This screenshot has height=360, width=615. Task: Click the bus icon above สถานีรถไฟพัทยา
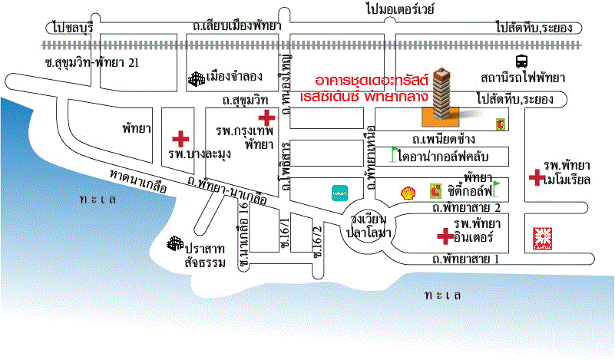click(522, 61)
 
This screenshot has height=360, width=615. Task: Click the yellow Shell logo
click(408, 193)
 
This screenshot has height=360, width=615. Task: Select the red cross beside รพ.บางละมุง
click(180, 139)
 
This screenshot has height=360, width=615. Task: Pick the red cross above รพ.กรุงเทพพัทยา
click(266, 117)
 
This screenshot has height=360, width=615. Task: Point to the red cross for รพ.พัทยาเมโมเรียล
click(534, 178)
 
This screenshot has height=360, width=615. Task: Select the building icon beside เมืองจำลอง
click(196, 78)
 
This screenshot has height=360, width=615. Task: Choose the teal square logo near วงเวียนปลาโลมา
click(339, 193)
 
